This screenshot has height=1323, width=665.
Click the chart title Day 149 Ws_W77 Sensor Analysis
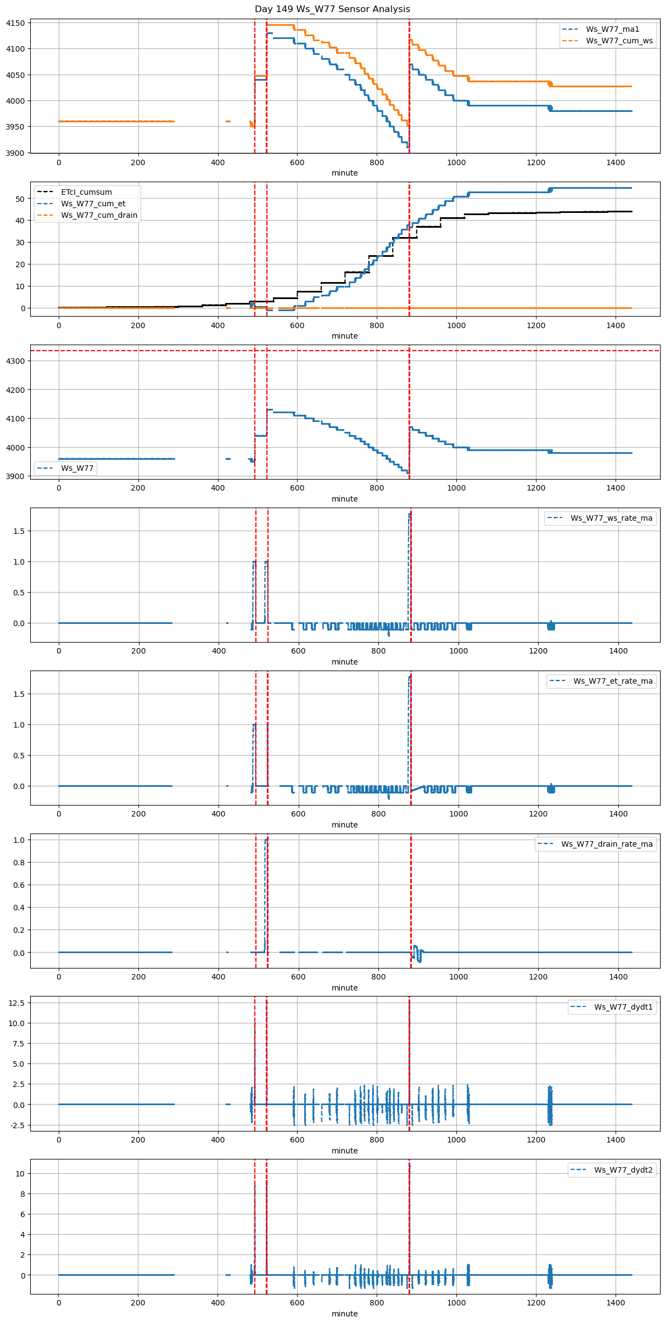332,9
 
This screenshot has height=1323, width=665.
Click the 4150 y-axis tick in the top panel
15,23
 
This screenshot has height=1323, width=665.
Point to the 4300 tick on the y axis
15,361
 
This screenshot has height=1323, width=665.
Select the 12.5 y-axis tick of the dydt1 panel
17,1003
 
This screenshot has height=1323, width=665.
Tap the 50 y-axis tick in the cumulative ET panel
20,199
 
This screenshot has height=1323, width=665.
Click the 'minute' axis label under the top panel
344,173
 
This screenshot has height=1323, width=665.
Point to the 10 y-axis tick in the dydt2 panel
20,1173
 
